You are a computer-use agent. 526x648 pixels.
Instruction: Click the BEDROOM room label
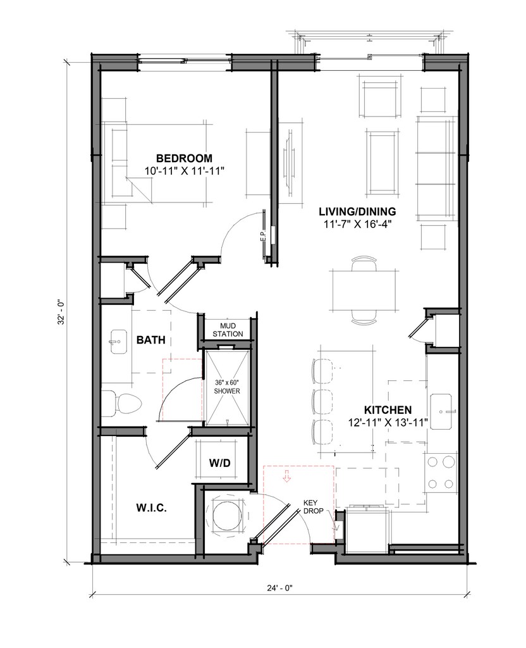coord(184,158)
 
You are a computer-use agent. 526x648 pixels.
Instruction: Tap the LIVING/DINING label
coord(357,211)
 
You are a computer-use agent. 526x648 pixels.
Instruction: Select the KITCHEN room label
coord(388,410)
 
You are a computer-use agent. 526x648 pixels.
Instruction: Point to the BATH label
coord(150,340)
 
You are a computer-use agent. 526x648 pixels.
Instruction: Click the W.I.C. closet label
coord(152,508)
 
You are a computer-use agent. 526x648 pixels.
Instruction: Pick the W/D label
coord(219,463)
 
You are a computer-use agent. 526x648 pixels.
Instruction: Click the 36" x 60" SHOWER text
coord(227,387)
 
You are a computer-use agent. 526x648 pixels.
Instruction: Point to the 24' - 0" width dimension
coord(279,588)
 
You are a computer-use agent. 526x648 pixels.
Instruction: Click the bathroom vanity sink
coord(119,341)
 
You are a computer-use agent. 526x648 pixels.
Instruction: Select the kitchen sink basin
coord(441,412)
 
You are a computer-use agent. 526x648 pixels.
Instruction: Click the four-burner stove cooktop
coord(440,472)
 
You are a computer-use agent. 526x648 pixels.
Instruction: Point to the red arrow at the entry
coord(286,476)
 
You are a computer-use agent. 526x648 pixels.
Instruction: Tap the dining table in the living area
coord(364,290)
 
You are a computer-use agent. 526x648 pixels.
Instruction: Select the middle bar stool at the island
coord(322,401)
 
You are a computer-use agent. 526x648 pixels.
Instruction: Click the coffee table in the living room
coord(382,163)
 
